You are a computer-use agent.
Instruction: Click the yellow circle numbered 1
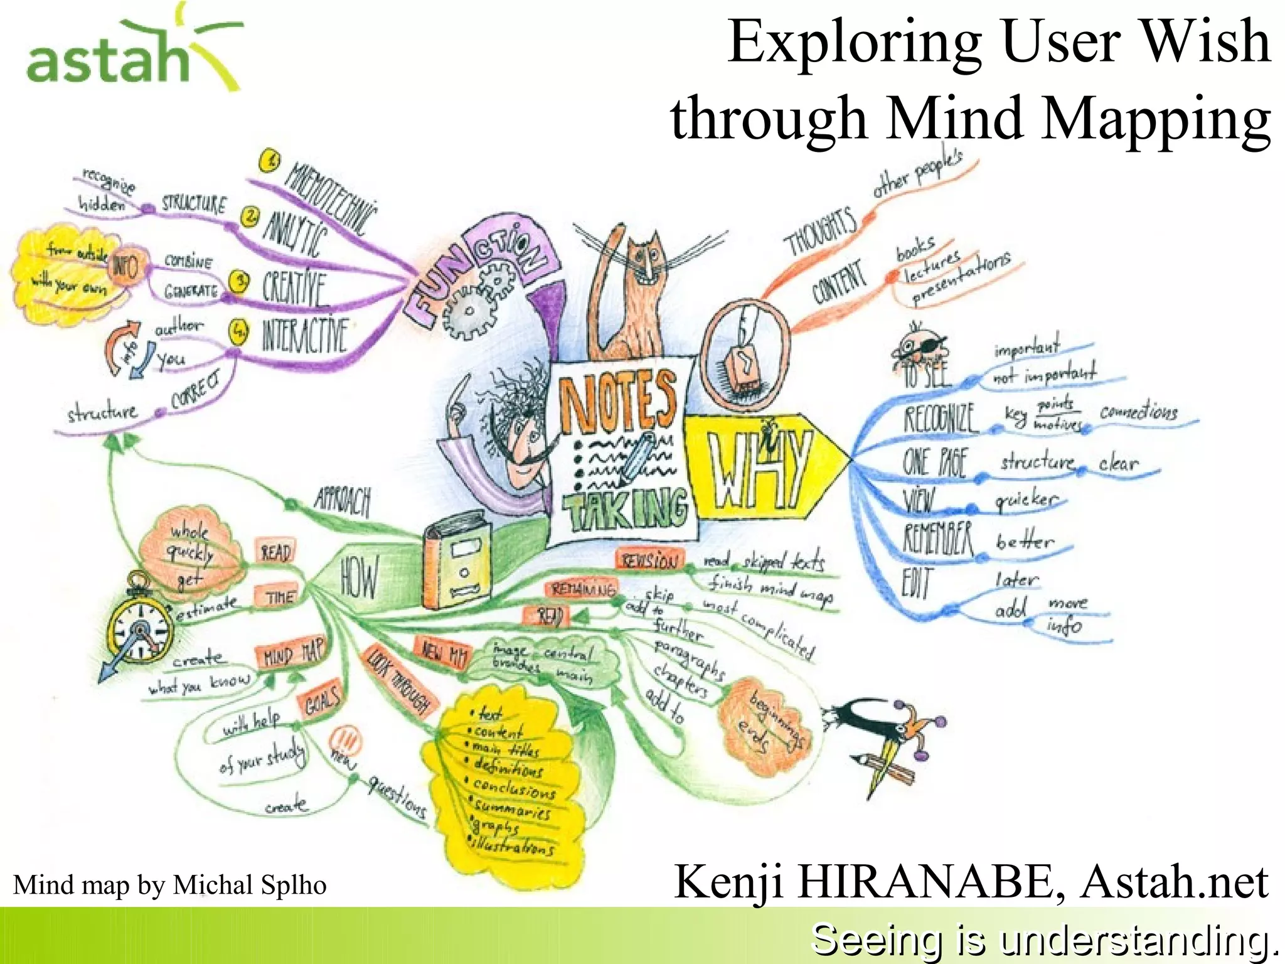click(270, 161)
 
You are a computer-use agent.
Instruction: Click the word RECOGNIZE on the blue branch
click(941, 419)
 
